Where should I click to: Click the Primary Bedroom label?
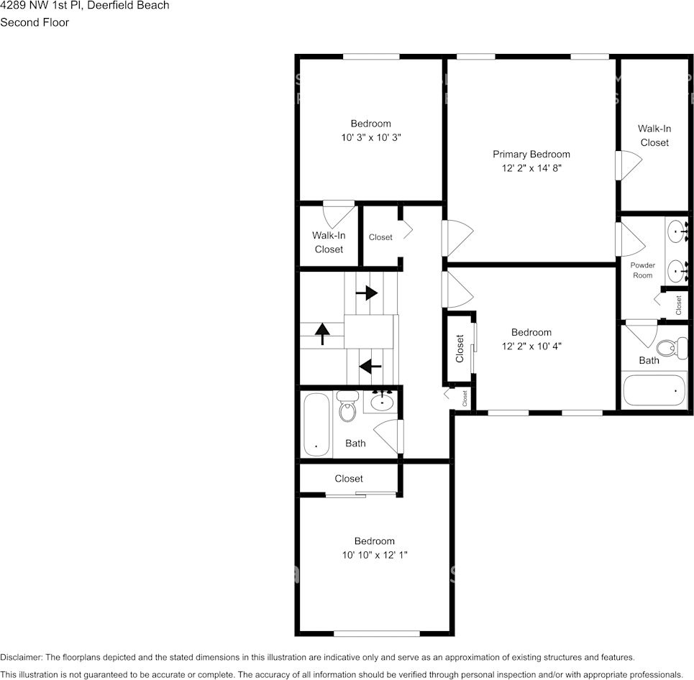pos(531,154)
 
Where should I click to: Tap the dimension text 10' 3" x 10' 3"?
pos(370,137)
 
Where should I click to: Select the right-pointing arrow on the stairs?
pos(367,293)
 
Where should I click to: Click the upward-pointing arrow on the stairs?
pos(322,332)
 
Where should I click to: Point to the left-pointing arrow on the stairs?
pos(370,367)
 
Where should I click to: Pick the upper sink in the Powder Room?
pos(677,231)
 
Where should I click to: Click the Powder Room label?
pos(642,270)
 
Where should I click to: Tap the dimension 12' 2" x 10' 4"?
pos(531,346)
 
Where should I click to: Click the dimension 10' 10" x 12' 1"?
pos(374,555)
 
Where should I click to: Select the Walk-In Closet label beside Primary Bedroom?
pos(654,135)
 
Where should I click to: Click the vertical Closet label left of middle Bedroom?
pos(460,349)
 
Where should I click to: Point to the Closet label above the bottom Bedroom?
pos(348,479)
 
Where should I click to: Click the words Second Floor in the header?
pos(35,22)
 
